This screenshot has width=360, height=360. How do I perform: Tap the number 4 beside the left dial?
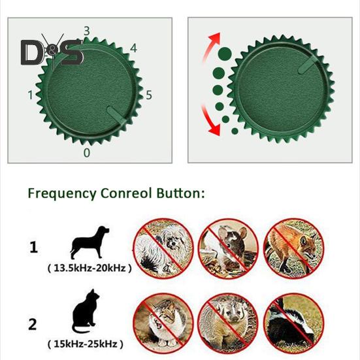coord(133,48)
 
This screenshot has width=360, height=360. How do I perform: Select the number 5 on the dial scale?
coord(148,95)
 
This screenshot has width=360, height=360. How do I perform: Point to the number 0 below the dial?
coord(87,152)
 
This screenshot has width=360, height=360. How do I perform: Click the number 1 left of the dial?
coord(30,95)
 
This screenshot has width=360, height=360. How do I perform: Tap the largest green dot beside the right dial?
coord(224,53)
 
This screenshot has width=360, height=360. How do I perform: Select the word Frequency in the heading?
coord(61,193)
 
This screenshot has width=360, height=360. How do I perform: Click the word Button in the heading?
coord(178,193)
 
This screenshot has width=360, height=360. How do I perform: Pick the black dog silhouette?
coord(89,244)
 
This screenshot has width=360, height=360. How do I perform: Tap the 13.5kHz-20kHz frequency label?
coord(89,268)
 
